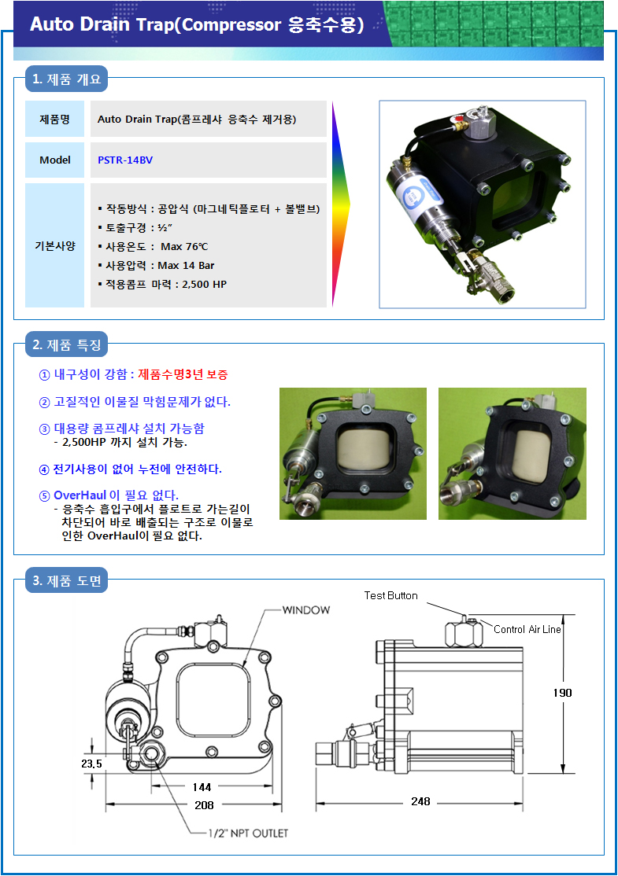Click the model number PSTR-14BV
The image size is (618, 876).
pyautogui.click(x=124, y=160)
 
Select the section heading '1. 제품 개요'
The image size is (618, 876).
pyautogui.click(x=67, y=79)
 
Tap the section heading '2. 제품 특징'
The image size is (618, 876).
pyautogui.click(x=67, y=344)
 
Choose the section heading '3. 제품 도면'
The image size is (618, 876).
pyautogui.click(x=67, y=581)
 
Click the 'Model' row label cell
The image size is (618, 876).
pyautogui.click(x=55, y=160)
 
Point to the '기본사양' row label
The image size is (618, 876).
pyautogui.click(x=55, y=246)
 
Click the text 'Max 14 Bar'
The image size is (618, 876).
pyautogui.click(x=187, y=265)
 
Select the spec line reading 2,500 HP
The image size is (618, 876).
pyautogui.click(x=162, y=285)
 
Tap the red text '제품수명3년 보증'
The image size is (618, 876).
pyautogui.click(x=183, y=374)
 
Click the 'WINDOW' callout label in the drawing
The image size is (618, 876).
pyautogui.click(x=306, y=610)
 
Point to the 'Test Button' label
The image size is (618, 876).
pyautogui.click(x=391, y=595)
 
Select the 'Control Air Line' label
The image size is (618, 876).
pyautogui.click(x=527, y=629)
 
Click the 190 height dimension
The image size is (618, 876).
pyautogui.click(x=563, y=693)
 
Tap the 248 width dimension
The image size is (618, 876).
pyautogui.click(x=420, y=802)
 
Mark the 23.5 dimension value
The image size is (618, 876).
pyautogui.click(x=92, y=764)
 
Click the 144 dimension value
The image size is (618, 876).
pyautogui.click(x=202, y=787)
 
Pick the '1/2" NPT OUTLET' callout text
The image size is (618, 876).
pyautogui.click(x=248, y=833)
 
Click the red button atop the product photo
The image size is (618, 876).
pyautogui.click(x=457, y=119)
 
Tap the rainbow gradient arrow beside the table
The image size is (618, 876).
pyautogui.click(x=341, y=204)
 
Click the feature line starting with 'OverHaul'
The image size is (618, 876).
pyautogui.click(x=116, y=495)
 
